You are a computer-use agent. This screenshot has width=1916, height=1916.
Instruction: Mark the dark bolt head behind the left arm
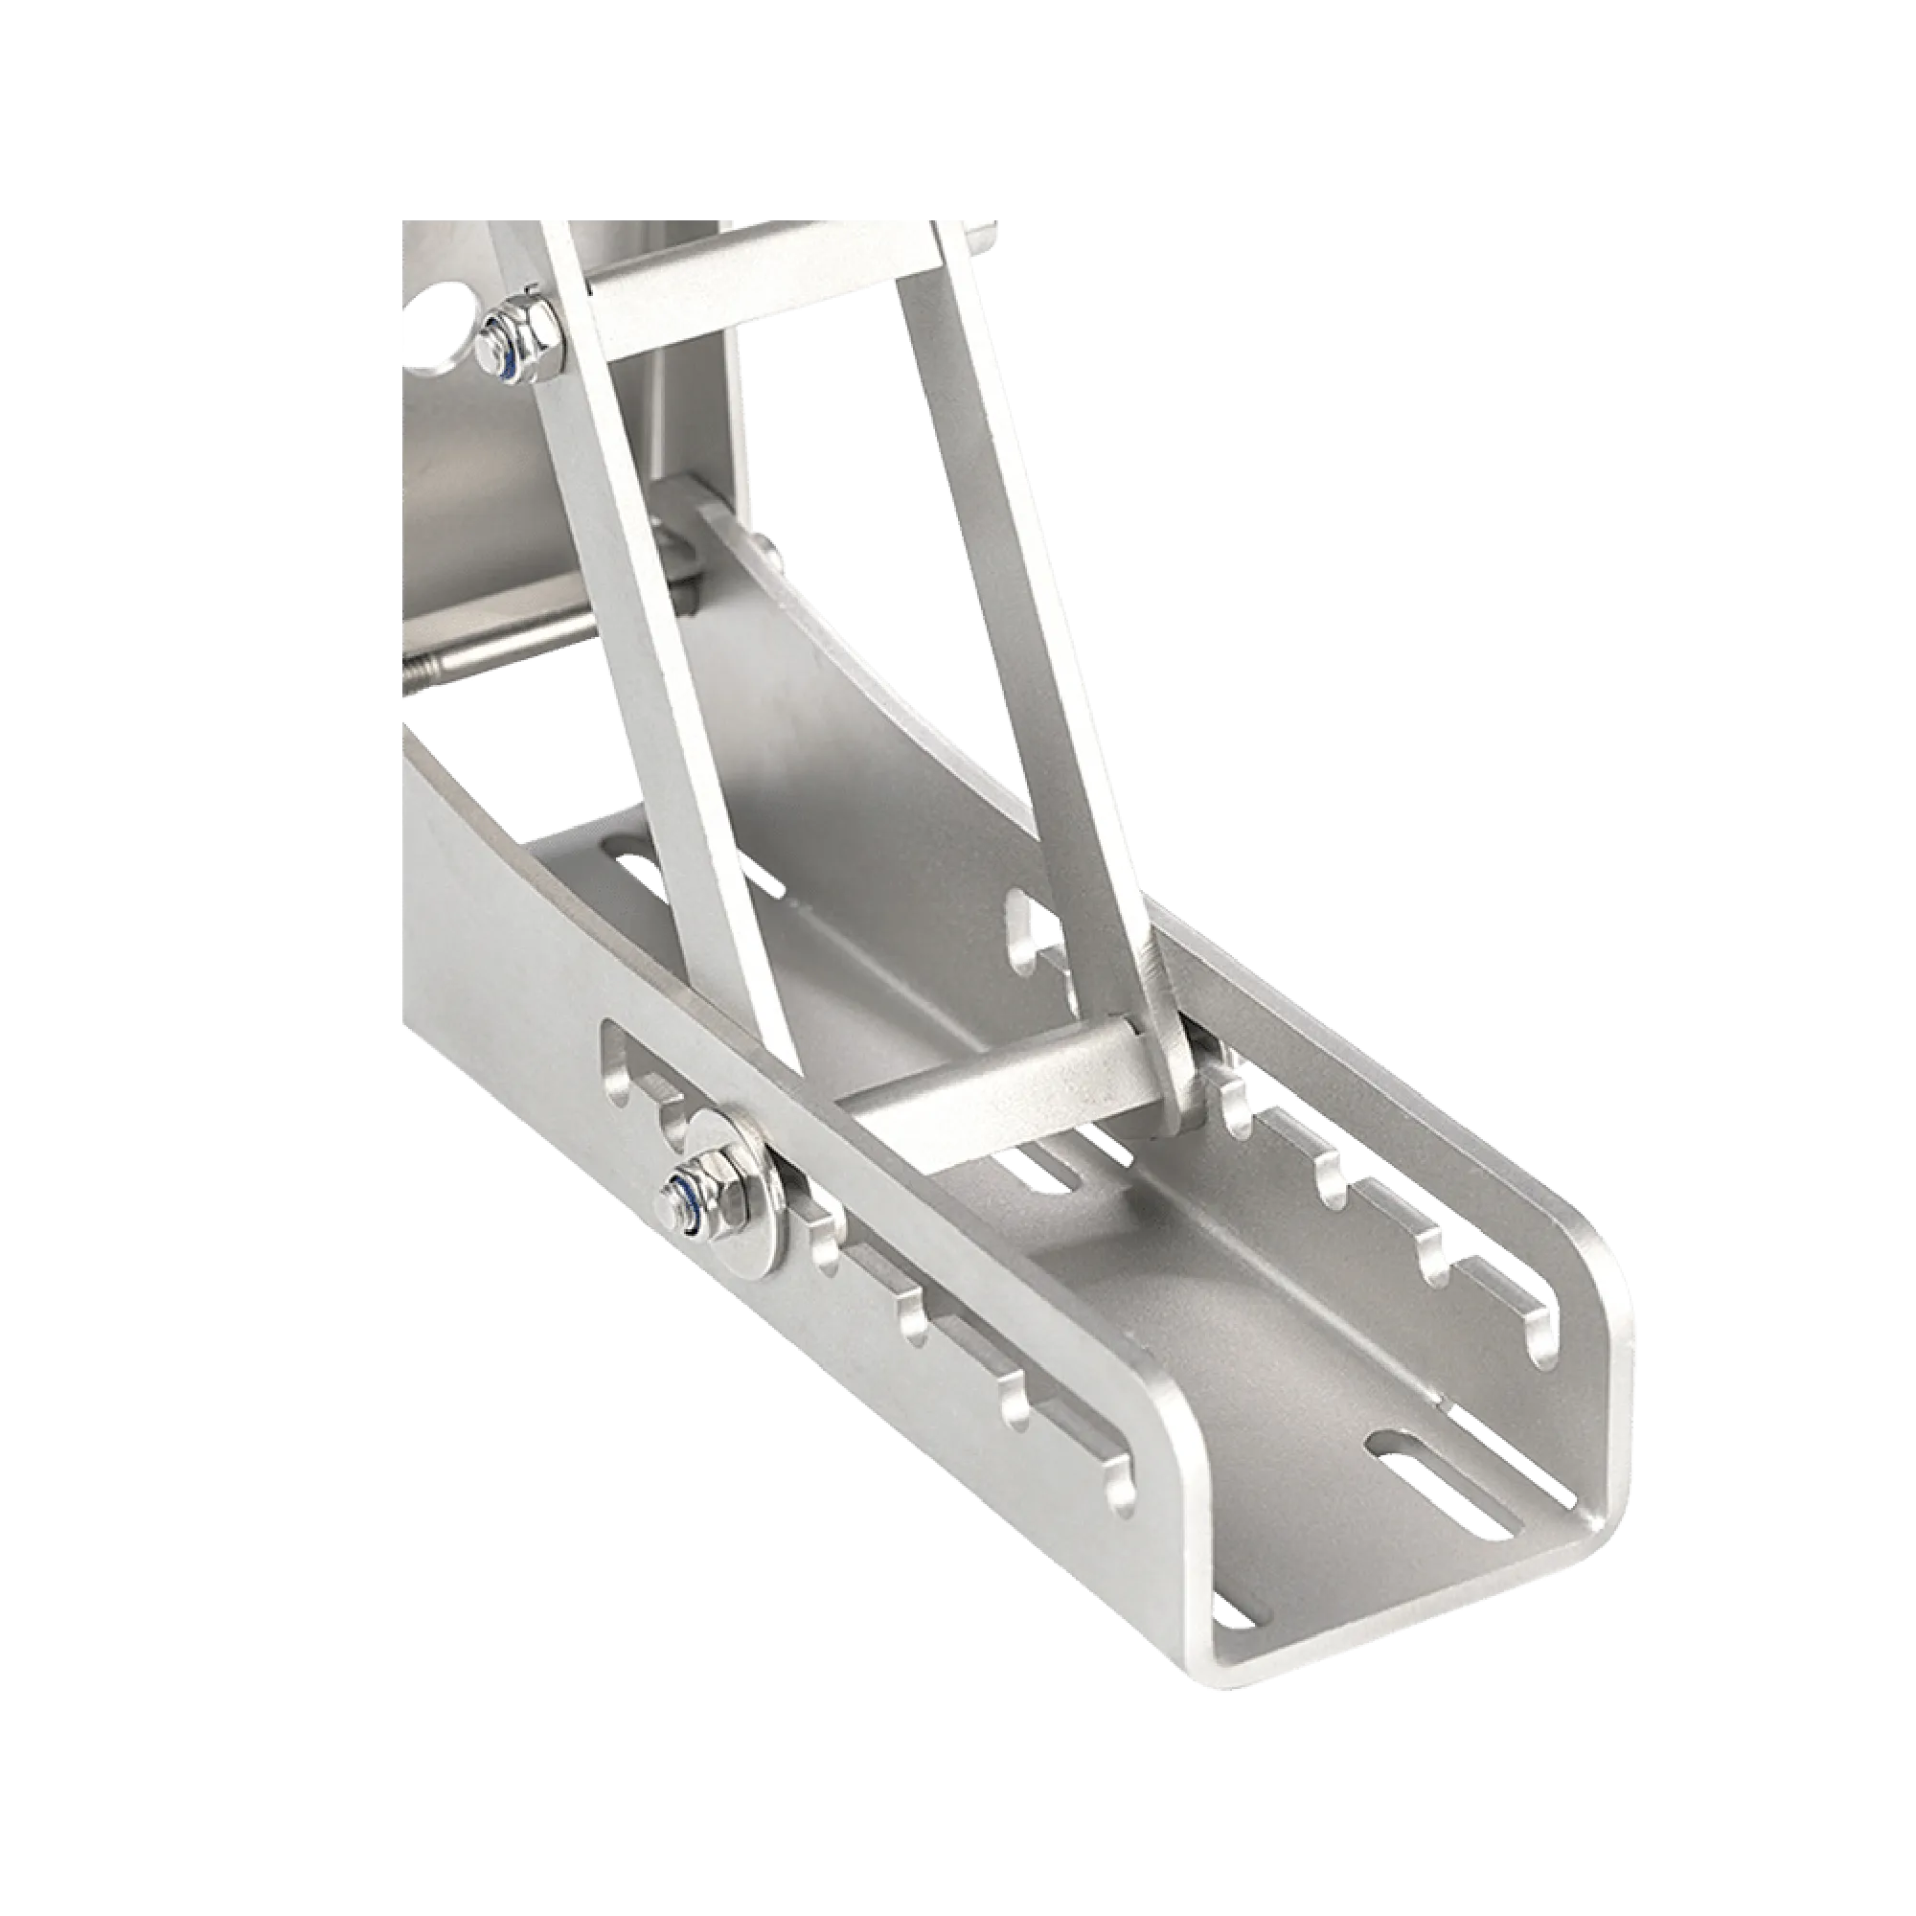tap(684, 556)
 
